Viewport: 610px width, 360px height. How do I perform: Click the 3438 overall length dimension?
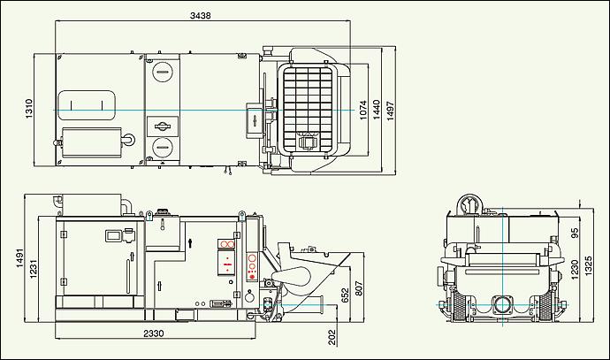(x=201, y=16)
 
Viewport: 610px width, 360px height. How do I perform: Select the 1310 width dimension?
(x=29, y=109)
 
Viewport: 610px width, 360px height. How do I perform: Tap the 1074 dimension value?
(x=362, y=111)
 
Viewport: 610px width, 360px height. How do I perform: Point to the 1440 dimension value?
(x=376, y=110)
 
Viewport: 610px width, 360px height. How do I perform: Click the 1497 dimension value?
(x=390, y=111)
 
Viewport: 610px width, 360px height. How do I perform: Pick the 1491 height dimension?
(x=20, y=258)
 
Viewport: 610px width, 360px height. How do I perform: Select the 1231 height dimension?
(x=34, y=269)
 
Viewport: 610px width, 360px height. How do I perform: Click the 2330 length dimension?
(x=154, y=333)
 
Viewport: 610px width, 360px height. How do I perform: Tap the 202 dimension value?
(x=332, y=337)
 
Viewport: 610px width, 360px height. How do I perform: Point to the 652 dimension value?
(x=345, y=295)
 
